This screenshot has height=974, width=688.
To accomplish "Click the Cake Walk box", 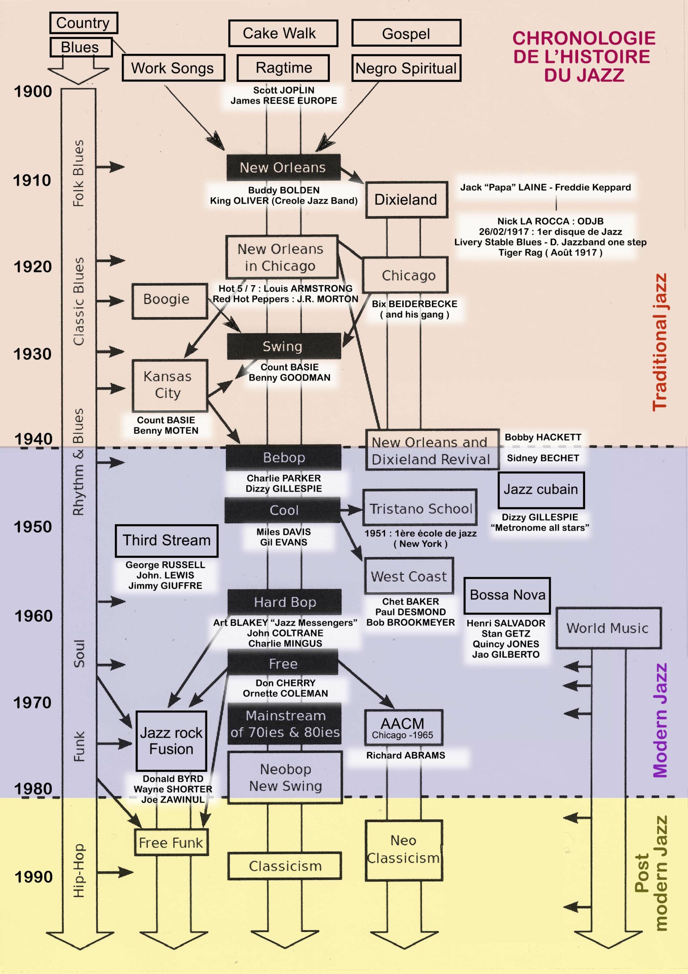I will pyautogui.click(x=283, y=33).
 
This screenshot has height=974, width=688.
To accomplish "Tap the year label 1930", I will pyautogui.click(x=33, y=354).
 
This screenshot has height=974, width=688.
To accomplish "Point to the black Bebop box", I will pyautogui.click(x=283, y=457).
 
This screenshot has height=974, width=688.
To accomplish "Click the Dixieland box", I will pyautogui.click(x=406, y=199).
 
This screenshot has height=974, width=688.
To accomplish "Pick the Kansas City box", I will pyautogui.click(x=169, y=385).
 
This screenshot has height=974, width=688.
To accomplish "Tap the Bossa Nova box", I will pyautogui.click(x=507, y=595).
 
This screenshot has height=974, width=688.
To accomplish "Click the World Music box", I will pyautogui.click(x=608, y=628).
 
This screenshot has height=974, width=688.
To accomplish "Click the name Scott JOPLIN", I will pyautogui.click(x=284, y=90).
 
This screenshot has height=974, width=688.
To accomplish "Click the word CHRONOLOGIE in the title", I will pyautogui.click(x=584, y=38).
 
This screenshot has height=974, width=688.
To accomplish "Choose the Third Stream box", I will pyautogui.click(x=166, y=540).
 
